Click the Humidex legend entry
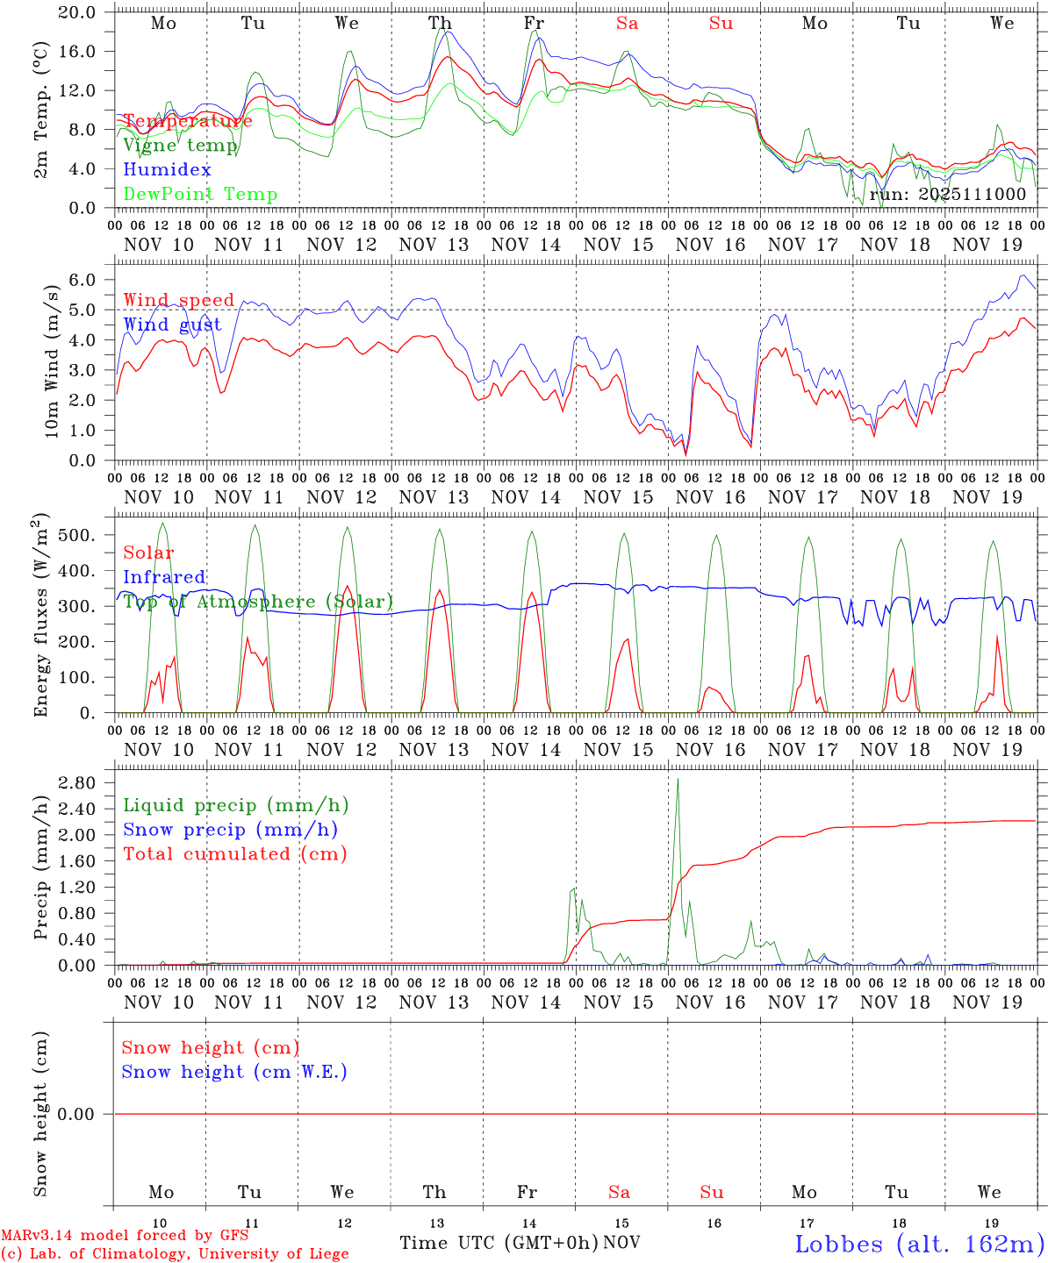click(167, 170)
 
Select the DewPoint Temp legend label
click(200, 195)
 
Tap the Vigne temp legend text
click(180, 146)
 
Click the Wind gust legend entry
click(172, 325)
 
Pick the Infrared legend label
click(164, 577)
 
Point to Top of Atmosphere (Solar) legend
click(257, 602)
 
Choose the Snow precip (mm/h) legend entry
click(230, 830)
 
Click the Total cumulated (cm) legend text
click(234, 854)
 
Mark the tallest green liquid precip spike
click(677, 781)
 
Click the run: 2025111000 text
click(947, 195)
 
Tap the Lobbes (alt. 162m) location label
click(919, 1244)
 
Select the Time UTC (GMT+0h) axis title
click(499, 1243)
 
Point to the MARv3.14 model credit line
click(125, 1236)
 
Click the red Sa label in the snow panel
click(619, 1192)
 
